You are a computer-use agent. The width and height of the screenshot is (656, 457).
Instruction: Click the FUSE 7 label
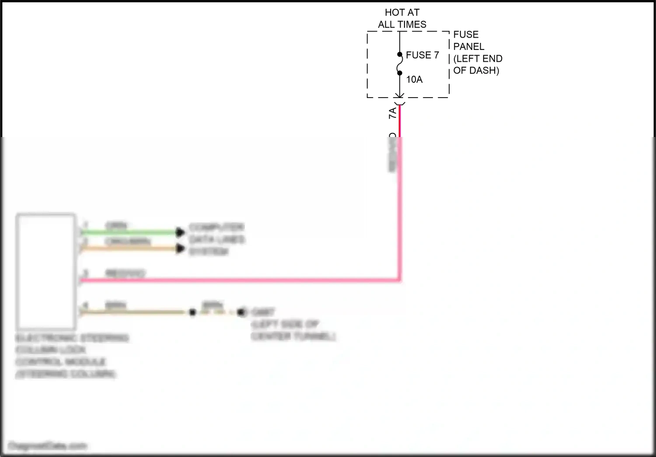point(422,55)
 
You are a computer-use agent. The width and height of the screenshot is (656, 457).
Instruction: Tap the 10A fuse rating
point(414,80)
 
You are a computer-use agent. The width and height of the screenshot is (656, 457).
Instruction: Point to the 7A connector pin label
point(393,112)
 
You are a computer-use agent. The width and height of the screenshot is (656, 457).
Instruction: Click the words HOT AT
point(402,13)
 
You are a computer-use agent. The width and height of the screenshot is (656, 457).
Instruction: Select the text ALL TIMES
point(402,25)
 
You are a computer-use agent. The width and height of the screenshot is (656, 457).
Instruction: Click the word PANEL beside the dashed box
point(468,46)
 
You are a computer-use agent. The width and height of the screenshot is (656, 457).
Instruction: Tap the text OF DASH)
point(476,70)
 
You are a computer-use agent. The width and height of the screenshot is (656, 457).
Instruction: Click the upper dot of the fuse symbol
point(400,55)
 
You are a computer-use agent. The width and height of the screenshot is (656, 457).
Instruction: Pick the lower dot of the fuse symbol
point(400,73)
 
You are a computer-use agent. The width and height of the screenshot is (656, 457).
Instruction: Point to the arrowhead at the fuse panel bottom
point(400,95)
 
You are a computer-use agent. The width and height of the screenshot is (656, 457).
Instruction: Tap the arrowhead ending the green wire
point(180,232)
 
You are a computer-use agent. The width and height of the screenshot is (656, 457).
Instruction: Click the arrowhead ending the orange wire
point(180,249)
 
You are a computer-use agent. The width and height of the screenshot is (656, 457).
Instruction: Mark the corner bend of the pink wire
point(399,279)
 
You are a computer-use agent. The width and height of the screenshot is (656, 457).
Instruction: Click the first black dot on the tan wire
point(192,312)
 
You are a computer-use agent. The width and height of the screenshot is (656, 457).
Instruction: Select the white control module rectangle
point(46,271)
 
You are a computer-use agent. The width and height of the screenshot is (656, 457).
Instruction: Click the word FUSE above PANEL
point(466,35)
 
